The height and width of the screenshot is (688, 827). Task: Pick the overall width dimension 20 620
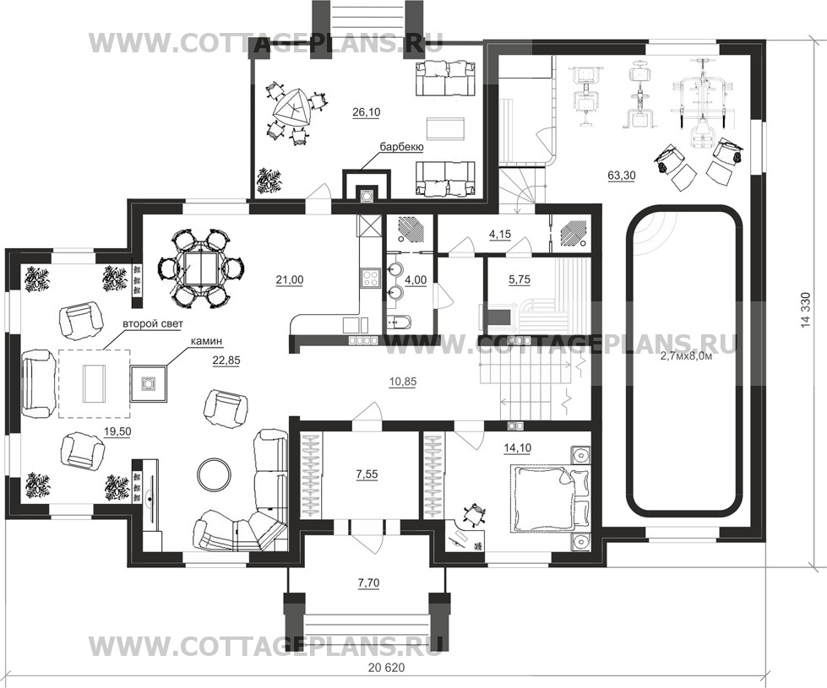click(x=387, y=668)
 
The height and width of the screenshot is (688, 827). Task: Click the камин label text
click(x=207, y=342)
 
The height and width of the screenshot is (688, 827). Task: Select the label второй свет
click(x=152, y=324)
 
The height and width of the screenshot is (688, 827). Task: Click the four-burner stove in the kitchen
click(x=370, y=278)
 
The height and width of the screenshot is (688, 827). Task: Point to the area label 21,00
click(x=290, y=280)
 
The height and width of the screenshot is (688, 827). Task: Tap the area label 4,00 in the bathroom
click(x=416, y=280)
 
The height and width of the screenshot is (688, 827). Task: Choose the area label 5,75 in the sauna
click(x=519, y=280)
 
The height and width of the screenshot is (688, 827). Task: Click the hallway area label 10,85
click(x=403, y=382)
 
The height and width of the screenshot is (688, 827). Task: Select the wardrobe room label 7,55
click(x=367, y=474)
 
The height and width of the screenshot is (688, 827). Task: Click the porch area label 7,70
click(x=368, y=583)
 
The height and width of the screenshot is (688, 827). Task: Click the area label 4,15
click(x=500, y=234)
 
